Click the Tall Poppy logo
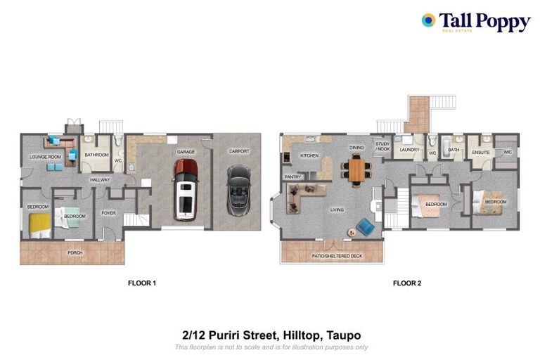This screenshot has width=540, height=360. [475, 22]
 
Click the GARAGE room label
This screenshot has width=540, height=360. [186, 152]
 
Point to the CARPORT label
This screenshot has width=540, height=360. [238, 151]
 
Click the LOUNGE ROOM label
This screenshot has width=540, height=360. [45, 157]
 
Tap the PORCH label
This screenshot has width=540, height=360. [75, 252]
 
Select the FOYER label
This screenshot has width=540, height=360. [108, 212]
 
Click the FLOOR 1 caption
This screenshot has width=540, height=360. [142, 283]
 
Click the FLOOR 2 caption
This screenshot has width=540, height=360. [406, 283]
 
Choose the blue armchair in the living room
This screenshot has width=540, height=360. [364, 226]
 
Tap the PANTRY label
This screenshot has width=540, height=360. [293, 176]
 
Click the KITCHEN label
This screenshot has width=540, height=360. [309, 155]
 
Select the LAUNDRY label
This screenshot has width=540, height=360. [409, 150]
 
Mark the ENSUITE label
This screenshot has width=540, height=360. [481, 151]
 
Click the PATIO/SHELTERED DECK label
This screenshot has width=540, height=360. [337, 256]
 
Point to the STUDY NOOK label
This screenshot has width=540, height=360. [382, 146]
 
